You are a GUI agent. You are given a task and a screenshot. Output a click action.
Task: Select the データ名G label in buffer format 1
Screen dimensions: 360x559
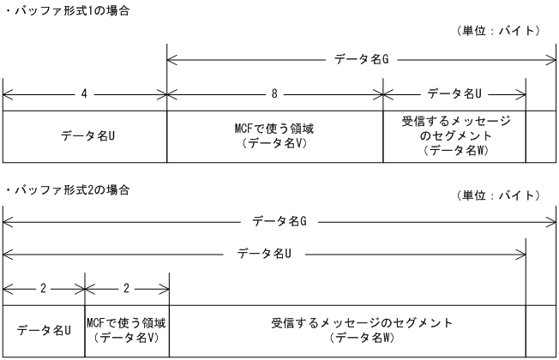coord(359,60)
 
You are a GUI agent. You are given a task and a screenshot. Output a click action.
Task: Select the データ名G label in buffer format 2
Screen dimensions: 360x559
coord(279,222)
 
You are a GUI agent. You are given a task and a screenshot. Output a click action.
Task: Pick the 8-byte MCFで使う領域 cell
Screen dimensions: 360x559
coord(274,135)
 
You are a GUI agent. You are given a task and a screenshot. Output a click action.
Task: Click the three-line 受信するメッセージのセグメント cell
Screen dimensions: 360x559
coord(454,135)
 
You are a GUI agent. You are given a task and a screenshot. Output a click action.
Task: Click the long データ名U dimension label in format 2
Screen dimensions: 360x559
coord(265,254)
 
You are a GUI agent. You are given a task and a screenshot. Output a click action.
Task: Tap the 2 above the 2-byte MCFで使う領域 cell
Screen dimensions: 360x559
coord(127,287)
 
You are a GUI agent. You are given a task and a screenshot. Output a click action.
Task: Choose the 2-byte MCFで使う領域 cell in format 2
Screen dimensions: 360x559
coord(127,329)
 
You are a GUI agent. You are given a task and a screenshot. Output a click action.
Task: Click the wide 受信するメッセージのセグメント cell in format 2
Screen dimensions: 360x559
coord(347,329)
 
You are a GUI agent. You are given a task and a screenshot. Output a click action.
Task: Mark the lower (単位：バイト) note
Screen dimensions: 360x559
coord(497,196)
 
